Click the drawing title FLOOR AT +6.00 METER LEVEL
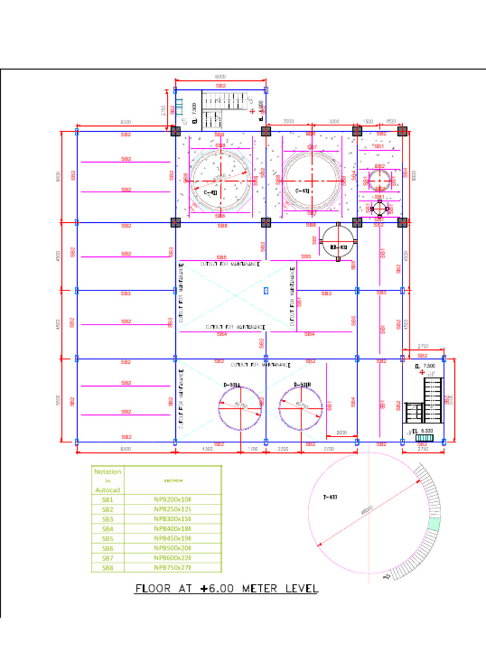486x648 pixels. point(227,589)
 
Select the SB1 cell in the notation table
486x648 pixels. point(108,499)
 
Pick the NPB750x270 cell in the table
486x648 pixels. point(173,568)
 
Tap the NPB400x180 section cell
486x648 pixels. point(173,528)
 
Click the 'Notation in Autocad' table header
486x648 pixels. point(108,480)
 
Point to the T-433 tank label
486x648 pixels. point(329,497)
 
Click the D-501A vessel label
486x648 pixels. point(231,385)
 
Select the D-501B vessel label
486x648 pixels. point(302,385)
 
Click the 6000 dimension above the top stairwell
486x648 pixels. point(220,77)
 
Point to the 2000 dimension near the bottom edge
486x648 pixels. point(342,433)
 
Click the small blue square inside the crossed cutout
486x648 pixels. point(266,290)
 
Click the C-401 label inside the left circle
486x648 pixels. point(211,192)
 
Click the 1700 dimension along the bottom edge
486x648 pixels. point(253,449)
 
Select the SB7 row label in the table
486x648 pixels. point(108,558)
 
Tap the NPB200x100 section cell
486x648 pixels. point(173,499)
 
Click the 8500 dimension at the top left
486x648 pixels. point(126,122)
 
